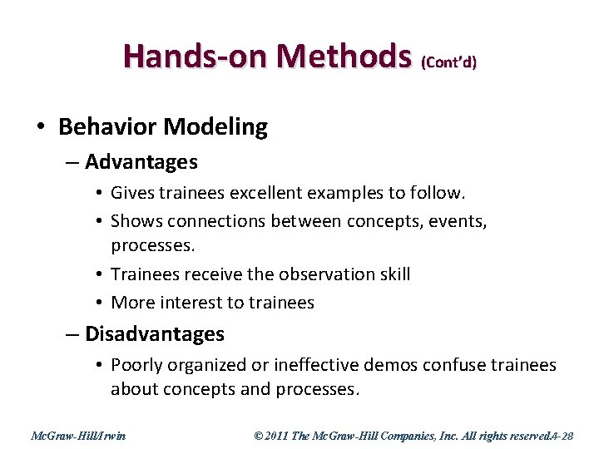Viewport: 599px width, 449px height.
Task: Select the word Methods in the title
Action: coord(344,56)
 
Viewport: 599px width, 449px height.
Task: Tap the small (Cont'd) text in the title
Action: coord(449,62)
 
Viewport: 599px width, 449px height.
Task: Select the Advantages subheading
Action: coord(141,161)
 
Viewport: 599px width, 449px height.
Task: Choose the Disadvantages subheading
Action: coord(155,334)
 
